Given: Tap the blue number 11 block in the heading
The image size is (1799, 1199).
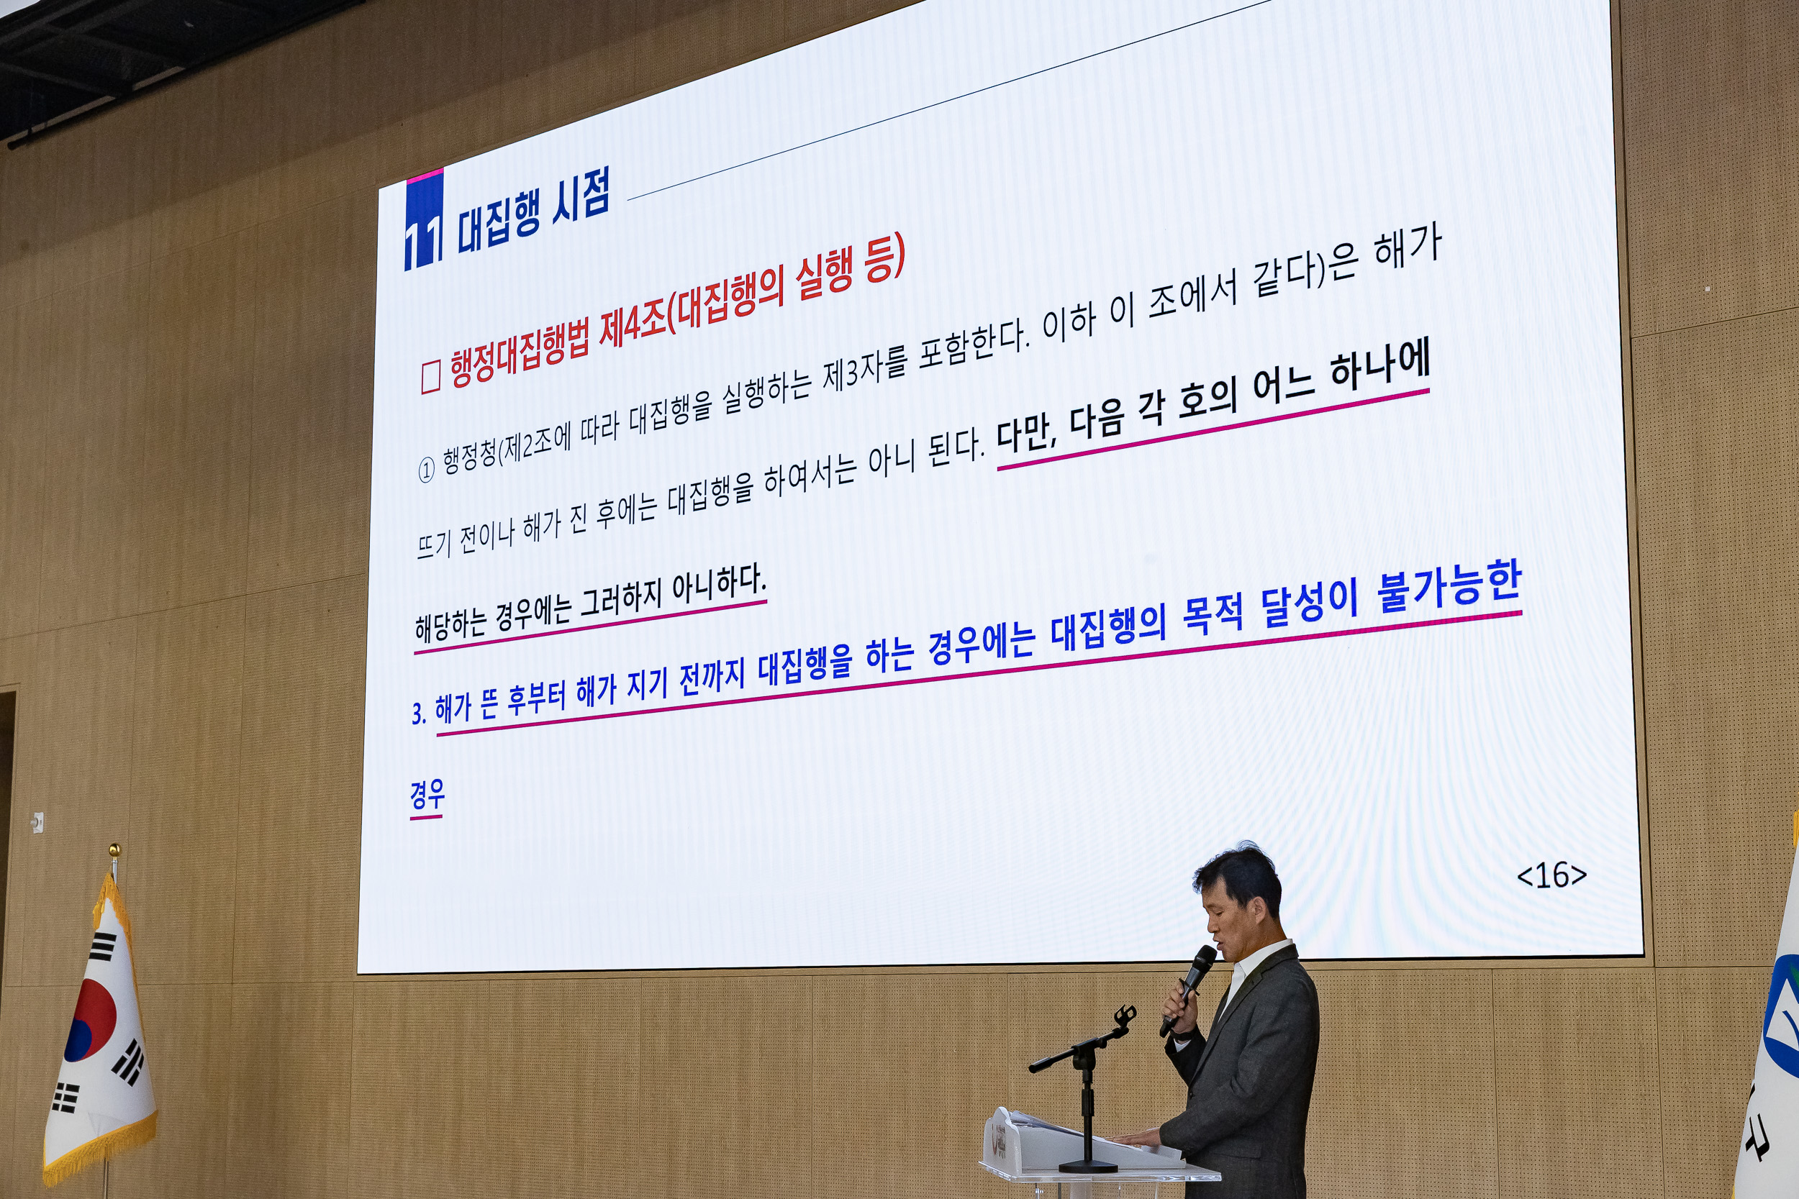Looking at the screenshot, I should (423, 223).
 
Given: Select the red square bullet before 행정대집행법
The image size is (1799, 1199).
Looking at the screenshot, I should (430, 377).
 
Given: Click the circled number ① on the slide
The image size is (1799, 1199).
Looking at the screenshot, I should (426, 469).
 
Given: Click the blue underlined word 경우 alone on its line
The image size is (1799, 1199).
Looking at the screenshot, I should (427, 796).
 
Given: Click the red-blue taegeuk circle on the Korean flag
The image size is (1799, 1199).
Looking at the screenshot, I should (90, 1020).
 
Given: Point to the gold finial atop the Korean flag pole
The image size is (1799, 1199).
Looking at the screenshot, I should (114, 849).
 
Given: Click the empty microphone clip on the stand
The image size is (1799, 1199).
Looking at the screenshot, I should (1123, 1016).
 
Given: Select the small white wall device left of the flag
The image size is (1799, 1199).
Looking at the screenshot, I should (37, 822).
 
